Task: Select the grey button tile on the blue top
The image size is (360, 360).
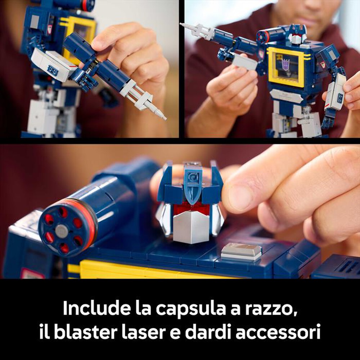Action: pos(241,251)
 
